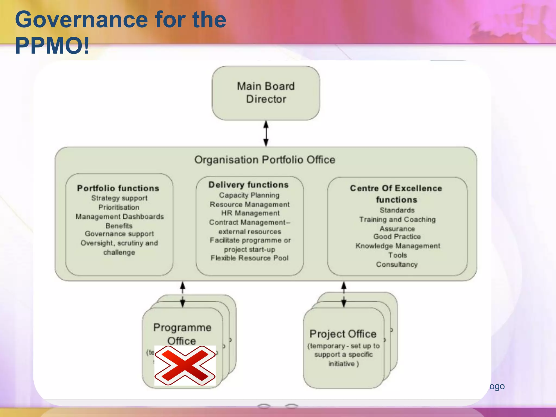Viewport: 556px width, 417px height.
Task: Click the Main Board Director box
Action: (266, 93)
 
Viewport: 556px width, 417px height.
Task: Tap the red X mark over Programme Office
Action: (185, 365)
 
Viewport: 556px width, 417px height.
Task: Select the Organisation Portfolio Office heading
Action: (265, 160)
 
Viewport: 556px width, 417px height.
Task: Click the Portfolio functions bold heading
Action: (118, 188)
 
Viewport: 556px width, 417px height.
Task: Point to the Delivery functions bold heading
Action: (248, 185)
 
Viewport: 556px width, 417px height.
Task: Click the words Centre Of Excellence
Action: (396, 188)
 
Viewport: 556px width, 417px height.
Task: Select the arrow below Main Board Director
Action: (266, 134)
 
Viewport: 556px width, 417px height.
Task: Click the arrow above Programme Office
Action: (183, 294)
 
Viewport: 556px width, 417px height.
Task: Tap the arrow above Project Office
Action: (344, 294)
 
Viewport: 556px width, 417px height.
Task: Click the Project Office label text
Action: (343, 334)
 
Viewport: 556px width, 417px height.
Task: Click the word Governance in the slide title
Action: (81, 20)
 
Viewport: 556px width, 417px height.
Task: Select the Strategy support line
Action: (119, 198)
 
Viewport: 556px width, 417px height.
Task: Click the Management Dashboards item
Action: (120, 216)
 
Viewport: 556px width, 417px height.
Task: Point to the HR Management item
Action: (250, 213)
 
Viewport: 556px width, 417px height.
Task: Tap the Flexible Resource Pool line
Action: (249, 258)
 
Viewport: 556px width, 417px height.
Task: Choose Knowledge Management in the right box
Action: (398, 246)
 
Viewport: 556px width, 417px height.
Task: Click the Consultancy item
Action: (397, 264)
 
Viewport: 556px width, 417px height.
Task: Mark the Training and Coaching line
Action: (397, 219)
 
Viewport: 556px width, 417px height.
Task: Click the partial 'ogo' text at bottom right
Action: (497, 386)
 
